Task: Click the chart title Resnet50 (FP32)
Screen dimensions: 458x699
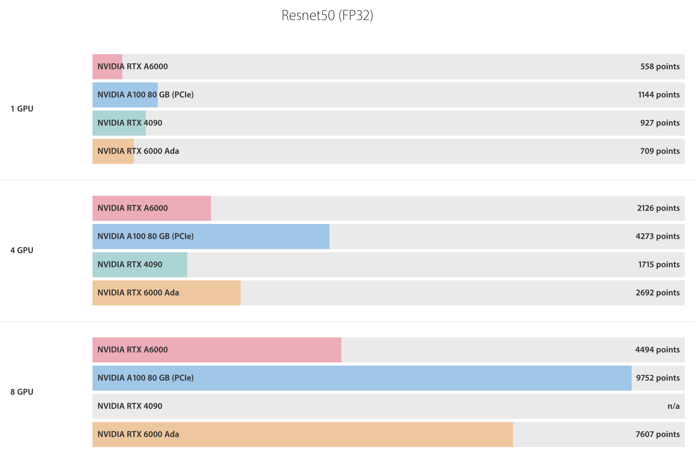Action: (x=327, y=15)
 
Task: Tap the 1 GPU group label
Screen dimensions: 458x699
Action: (x=22, y=109)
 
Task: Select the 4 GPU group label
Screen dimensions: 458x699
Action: (x=22, y=250)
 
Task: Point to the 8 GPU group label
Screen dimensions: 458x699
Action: (x=22, y=392)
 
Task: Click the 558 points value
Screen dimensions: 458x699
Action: (x=660, y=66)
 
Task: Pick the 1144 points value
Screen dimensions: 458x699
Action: (x=659, y=95)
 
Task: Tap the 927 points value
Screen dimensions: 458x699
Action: (x=660, y=123)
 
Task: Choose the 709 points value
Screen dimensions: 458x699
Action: (x=660, y=151)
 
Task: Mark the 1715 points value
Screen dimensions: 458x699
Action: (x=659, y=264)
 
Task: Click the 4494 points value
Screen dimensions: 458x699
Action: (x=657, y=350)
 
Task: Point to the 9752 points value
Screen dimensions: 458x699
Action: (x=658, y=378)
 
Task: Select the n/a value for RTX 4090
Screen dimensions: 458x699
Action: (x=673, y=406)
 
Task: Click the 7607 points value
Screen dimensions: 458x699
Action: (x=657, y=434)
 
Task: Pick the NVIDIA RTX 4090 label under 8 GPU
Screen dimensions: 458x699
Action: (x=130, y=406)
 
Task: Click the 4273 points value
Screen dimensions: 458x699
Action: (x=657, y=236)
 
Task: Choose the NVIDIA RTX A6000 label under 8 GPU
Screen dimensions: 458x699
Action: (x=133, y=350)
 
